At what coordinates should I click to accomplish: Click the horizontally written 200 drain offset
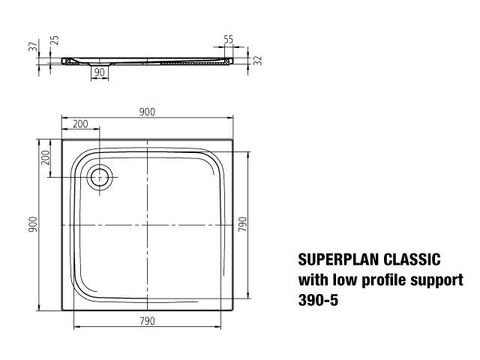80,123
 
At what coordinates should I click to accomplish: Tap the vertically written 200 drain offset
45,157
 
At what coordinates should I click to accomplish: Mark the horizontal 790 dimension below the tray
147,321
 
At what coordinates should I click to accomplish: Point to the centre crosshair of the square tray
148,225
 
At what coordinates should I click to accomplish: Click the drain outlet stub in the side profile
98,64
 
